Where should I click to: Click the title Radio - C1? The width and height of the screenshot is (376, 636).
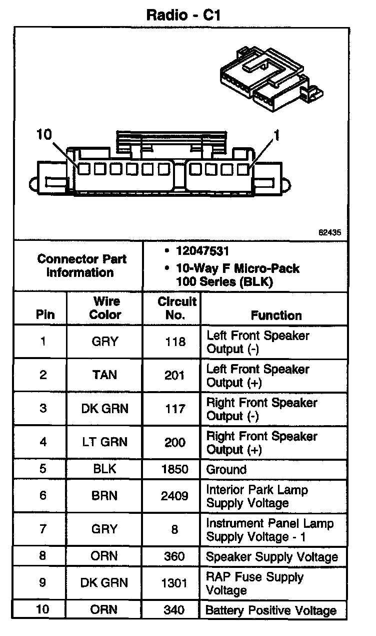(183, 15)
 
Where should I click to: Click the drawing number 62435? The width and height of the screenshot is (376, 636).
(329, 232)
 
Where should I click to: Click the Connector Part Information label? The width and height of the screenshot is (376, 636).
(81, 266)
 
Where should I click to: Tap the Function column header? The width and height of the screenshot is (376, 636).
(276, 315)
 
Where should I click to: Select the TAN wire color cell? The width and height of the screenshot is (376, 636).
(104, 375)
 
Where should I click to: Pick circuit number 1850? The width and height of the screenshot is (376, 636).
(175, 470)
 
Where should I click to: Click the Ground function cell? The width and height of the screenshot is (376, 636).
(226, 470)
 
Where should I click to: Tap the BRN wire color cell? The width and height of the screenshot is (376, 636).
(104, 496)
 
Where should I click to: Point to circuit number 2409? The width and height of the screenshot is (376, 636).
(175, 496)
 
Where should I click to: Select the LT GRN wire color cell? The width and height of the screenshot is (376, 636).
(104, 442)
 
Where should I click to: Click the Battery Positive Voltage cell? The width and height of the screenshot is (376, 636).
(271, 611)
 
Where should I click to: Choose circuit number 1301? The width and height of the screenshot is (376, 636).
(175, 583)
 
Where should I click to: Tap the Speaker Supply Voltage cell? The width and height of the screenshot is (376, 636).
(272, 557)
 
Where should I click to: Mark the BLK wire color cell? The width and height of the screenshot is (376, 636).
(104, 470)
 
